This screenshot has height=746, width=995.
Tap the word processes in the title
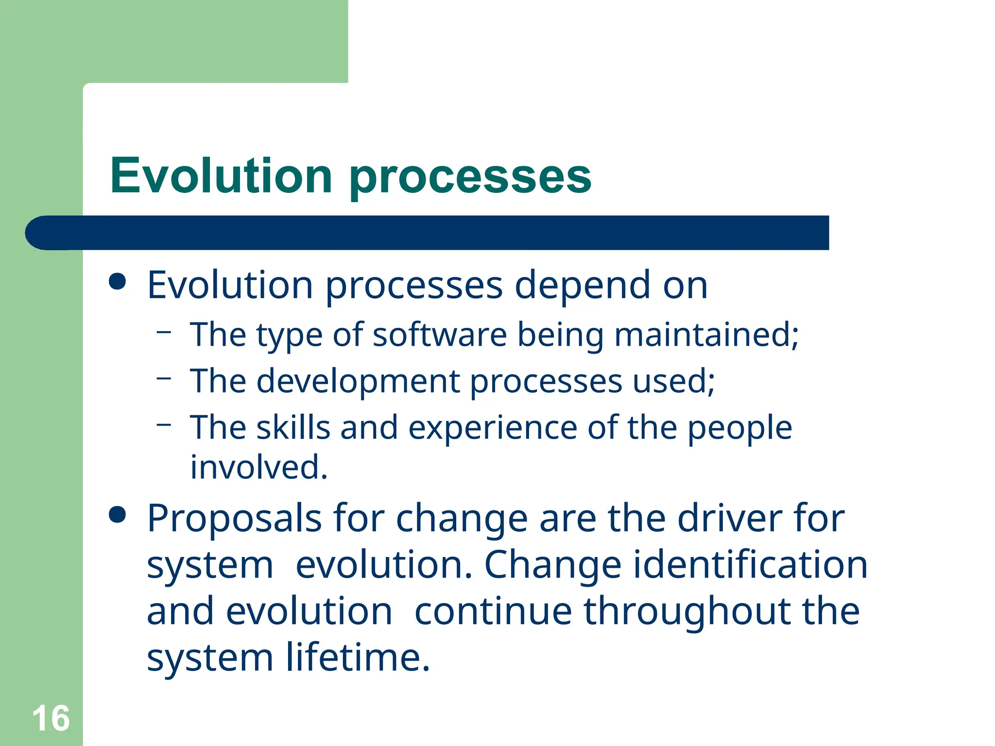tap(470, 177)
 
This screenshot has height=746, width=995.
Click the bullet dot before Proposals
tap(118, 514)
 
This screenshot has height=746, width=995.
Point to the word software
tap(440, 335)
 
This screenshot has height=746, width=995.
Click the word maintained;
tap(706, 335)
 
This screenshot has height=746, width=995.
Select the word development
tap(358, 381)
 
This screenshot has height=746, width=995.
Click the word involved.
tap(258, 467)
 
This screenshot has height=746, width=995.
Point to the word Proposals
tap(234, 519)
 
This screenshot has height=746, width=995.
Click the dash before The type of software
tap(164, 332)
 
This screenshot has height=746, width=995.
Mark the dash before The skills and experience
tap(164, 425)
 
